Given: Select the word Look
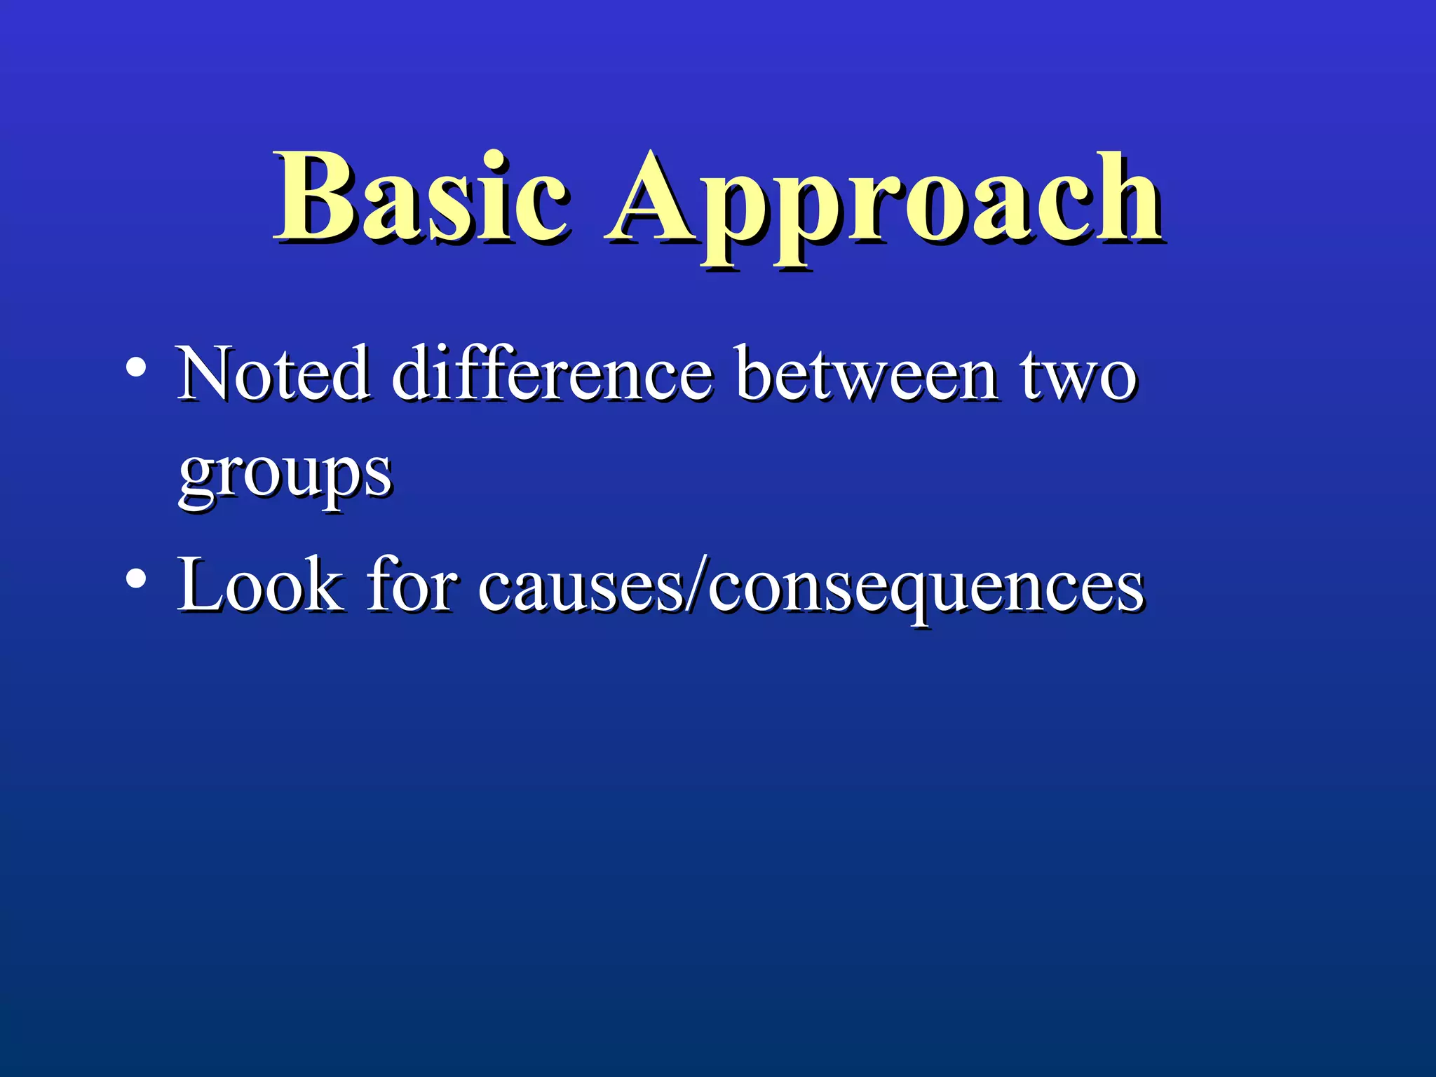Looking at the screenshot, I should pos(260,585).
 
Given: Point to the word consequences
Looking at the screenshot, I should pos(926,589).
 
